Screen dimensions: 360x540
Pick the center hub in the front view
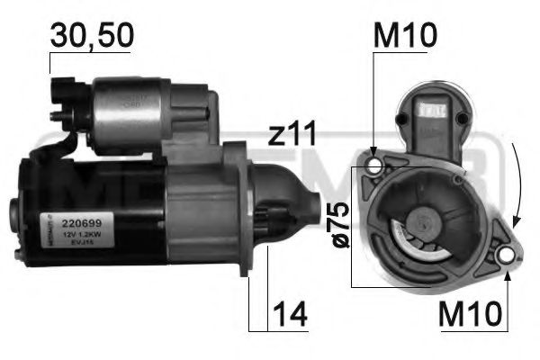point(421,221)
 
